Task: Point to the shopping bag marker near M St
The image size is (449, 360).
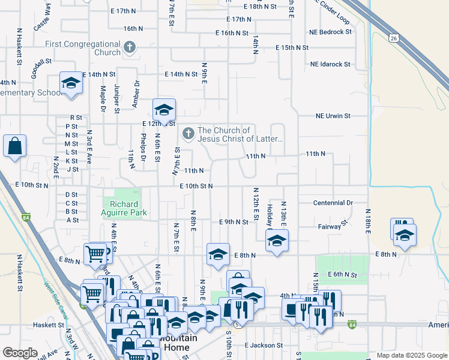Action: [14, 146]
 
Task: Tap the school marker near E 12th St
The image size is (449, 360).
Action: [164, 110]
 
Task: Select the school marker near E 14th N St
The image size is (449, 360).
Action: [71, 84]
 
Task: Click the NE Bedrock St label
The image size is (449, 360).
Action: [330, 31]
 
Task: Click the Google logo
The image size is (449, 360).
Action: [20, 353]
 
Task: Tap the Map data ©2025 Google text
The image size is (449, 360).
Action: [412, 355]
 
